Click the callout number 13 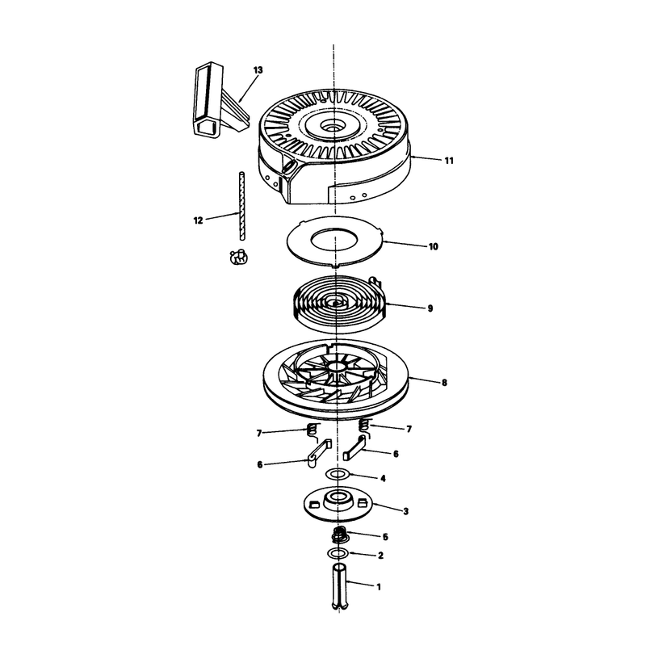pyautogui.click(x=258, y=70)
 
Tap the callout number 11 pyautogui.click(x=449, y=161)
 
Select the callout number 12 pyautogui.click(x=198, y=220)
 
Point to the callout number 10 pyautogui.click(x=434, y=247)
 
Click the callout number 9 pyautogui.click(x=430, y=308)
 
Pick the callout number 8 pyautogui.click(x=444, y=383)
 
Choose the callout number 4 pyautogui.click(x=383, y=478)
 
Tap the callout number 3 pyautogui.click(x=406, y=511)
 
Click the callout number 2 pyautogui.click(x=380, y=556)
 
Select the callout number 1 pyautogui.click(x=379, y=587)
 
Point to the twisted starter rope pyautogui.click(x=241, y=206)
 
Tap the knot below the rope pyautogui.click(x=237, y=257)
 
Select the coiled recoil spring pyautogui.click(x=340, y=304)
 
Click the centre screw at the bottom pyautogui.click(x=339, y=587)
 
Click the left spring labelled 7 pyautogui.click(x=313, y=430)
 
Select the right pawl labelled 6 pyautogui.click(x=354, y=450)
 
